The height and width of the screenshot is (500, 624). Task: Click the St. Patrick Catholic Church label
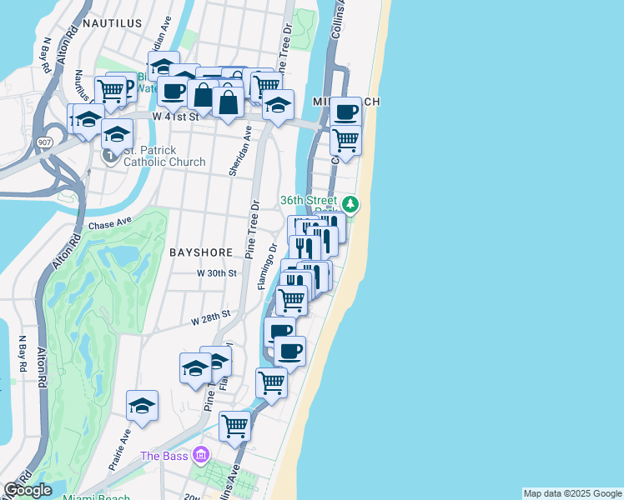[163, 156]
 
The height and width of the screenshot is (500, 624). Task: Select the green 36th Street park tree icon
[352, 202]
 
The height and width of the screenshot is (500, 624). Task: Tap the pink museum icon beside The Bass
[199, 455]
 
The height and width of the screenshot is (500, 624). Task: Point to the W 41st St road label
[178, 117]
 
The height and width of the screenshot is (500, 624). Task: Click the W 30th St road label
[218, 273]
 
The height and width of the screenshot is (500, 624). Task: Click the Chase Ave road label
[110, 224]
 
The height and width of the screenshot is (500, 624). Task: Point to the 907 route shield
[44, 142]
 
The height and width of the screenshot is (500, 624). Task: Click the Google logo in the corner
[28, 490]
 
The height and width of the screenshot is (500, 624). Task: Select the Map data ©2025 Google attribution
[572, 493]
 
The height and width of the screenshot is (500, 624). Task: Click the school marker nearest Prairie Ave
[143, 407]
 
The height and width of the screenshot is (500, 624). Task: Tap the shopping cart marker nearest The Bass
[234, 425]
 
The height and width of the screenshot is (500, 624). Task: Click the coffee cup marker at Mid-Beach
[345, 112]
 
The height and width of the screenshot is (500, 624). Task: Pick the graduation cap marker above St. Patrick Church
[118, 133]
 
